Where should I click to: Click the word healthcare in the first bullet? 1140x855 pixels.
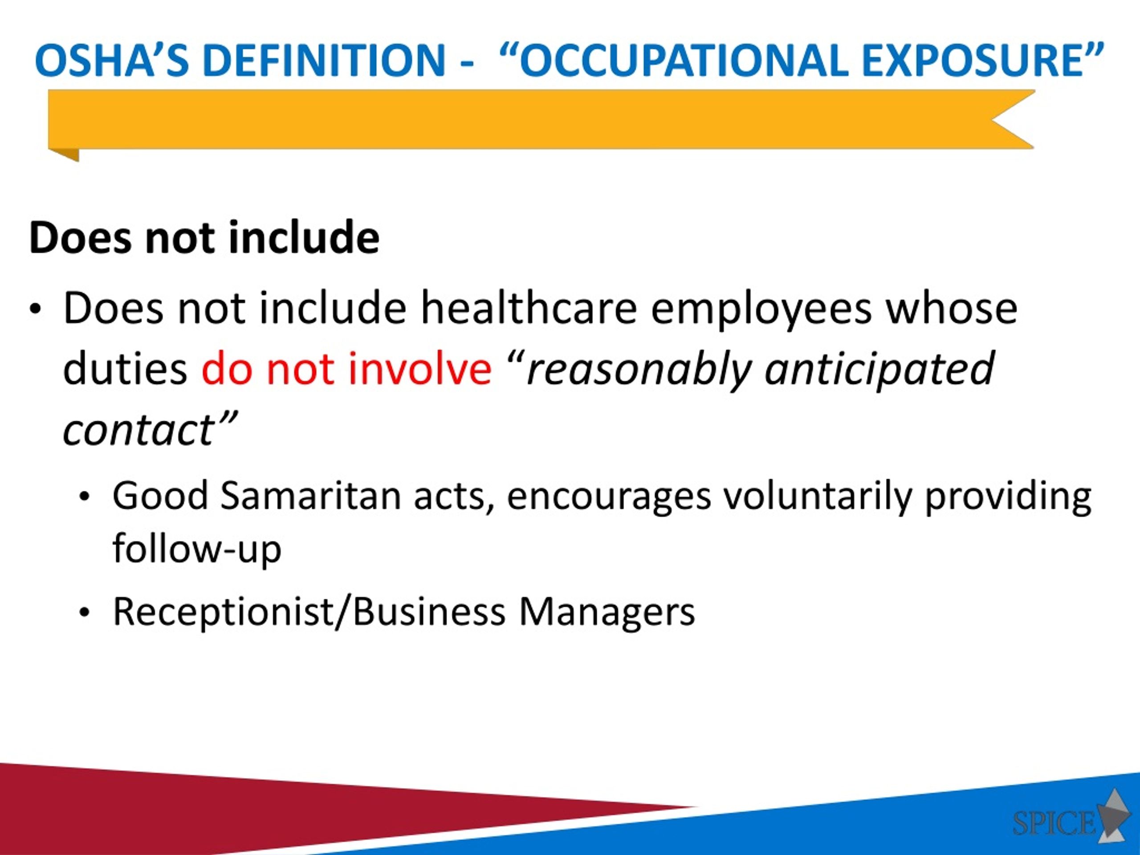pyautogui.click(x=529, y=309)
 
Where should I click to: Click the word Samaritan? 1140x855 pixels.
pyautogui.click(x=311, y=496)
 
